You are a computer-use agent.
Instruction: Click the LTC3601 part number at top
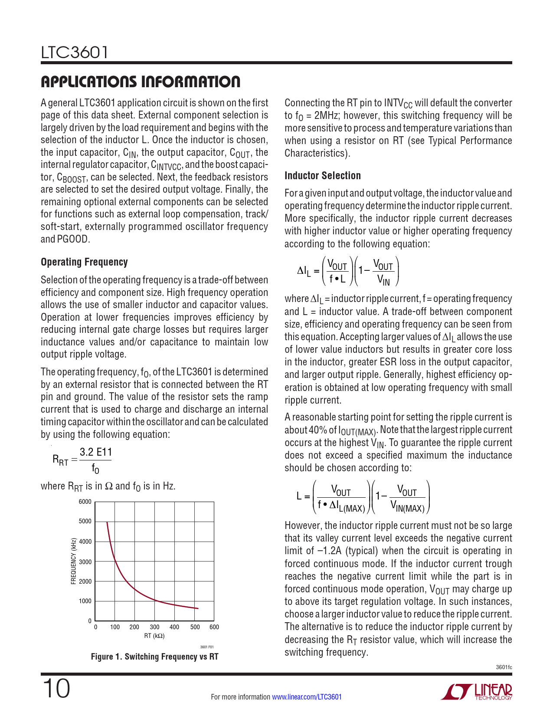[x=74, y=53]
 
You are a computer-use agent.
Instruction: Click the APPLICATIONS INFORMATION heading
[x=140, y=82]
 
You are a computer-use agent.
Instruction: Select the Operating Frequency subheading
[x=84, y=262]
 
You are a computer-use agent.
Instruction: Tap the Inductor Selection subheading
[x=322, y=176]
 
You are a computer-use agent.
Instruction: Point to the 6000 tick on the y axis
[x=85, y=502]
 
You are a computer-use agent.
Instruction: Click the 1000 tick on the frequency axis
[x=85, y=601]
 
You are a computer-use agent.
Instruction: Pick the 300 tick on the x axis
[x=154, y=627]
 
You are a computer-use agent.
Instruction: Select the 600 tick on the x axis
[x=214, y=627]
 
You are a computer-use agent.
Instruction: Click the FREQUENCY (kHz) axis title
[x=74, y=561]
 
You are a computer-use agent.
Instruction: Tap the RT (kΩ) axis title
[x=154, y=636]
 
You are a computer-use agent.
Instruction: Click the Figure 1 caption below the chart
[x=154, y=657]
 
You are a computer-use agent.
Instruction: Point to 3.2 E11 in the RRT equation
[x=96, y=452]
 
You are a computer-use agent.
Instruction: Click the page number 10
[x=56, y=689]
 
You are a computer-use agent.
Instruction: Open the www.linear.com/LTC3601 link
[x=307, y=697]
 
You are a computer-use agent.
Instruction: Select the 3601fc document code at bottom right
[x=504, y=667]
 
